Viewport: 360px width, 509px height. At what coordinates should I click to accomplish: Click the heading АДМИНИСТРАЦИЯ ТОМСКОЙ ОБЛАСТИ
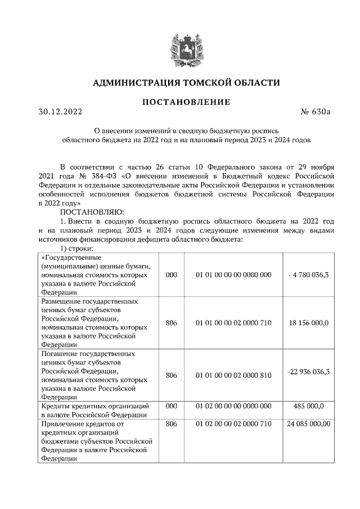pos(186,83)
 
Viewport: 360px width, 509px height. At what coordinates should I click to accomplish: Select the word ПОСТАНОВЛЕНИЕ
pos(186,102)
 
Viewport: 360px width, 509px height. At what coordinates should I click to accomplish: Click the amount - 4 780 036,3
pos(308,274)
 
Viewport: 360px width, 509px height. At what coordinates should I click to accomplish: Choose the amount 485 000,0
pos(308,406)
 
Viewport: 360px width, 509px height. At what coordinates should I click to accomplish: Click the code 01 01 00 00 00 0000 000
pos(233,274)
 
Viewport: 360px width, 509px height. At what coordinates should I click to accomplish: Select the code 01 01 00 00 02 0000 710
pos(233,323)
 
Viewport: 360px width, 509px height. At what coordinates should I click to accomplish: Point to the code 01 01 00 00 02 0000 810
pos(233,371)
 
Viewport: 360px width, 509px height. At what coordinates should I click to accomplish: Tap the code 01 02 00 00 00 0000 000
pos(233,406)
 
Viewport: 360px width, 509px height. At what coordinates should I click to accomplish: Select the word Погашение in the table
pos(59,354)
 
